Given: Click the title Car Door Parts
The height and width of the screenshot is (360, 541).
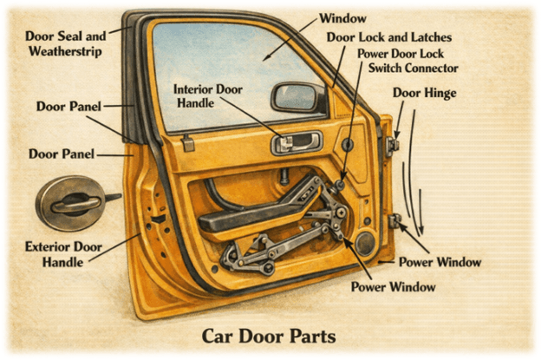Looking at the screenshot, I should pyautogui.click(x=269, y=334).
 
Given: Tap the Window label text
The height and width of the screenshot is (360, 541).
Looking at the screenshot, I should pyautogui.click(x=343, y=18).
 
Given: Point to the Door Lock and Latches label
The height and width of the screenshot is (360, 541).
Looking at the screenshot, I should pyautogui.click(x=390, y=37).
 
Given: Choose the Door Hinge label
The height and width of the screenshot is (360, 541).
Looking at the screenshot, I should pyautogui.click(x=426, y=91).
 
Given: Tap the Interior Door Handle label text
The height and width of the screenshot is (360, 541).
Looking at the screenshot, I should pyautogui.click(x=205, y=95).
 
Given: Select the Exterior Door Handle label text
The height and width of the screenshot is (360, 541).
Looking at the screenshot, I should pyautogui.click(x=58, y=253).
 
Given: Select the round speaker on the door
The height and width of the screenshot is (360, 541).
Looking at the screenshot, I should pyautogui.click(x=364, y=244).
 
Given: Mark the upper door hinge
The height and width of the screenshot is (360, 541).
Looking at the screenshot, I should pyautogui.click(x=395, y=143).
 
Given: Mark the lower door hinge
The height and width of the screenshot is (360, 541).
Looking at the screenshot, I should pyautogui.click(x=396, y=221).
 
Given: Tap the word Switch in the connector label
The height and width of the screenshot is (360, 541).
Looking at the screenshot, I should pyautogui.click(x=388, y=68).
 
